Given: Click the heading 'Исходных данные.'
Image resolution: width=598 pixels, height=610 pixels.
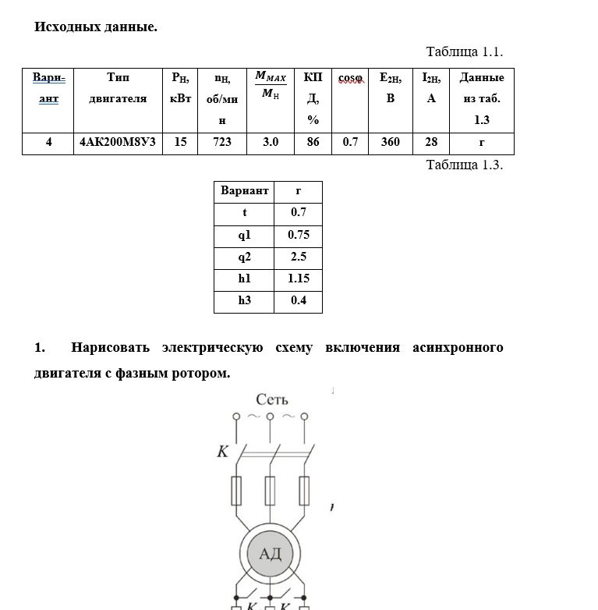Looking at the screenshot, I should (96, 27).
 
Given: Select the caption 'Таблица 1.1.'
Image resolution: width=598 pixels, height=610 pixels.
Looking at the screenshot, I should (464, 52).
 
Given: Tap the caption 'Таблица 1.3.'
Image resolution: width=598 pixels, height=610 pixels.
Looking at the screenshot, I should (464, 165).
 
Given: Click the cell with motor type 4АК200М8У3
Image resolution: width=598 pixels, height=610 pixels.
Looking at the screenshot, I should (118, 143).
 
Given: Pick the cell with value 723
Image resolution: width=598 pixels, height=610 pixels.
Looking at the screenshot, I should (222, 143).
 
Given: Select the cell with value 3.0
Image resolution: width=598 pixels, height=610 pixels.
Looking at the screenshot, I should (271, 143).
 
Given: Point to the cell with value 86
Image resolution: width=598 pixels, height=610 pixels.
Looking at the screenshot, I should (313, 143).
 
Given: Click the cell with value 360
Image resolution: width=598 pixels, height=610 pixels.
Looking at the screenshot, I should (391, 143).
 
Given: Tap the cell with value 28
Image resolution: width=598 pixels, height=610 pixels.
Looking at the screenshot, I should (431, 143).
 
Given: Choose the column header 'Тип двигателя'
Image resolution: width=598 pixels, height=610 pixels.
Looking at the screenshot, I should (118, 88).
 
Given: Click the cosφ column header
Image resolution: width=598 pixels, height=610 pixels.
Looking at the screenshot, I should (351, 78).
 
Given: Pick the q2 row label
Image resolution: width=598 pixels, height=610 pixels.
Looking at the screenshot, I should (245, 257).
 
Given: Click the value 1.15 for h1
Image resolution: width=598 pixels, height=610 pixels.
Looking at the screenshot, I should (299, 278).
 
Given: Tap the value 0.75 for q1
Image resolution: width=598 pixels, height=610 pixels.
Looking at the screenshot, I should (299, 235).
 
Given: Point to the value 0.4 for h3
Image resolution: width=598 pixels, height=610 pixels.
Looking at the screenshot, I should (299, 300).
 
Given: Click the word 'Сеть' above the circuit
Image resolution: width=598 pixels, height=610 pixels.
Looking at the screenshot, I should (272, 400).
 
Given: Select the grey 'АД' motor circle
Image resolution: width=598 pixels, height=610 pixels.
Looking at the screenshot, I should (270, 555).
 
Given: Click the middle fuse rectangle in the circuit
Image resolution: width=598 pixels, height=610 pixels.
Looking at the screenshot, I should (270, 491).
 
